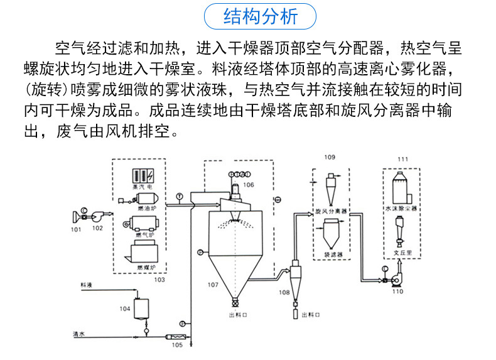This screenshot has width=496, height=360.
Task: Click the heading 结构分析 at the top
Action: pos(261,16)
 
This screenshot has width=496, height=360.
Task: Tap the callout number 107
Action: pos(213,285)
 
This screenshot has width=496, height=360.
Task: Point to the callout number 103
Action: pos(159,280)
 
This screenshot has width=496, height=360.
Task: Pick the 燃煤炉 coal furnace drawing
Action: pos(144,252)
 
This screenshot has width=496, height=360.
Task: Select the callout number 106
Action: pos(249,185)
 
